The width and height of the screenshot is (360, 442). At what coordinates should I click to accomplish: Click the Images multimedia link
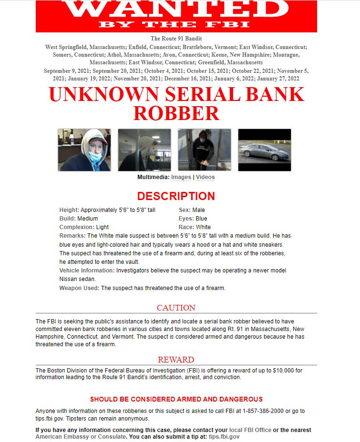(x=181, y=177)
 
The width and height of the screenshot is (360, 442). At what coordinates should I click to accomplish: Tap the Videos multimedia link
(x=205, y=177)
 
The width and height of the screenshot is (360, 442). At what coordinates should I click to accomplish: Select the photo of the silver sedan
(x=264, y=150)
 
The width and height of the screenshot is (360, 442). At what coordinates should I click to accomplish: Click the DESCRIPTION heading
(x=176, y=196)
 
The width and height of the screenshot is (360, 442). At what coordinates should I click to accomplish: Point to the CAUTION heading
(x=176, y=308)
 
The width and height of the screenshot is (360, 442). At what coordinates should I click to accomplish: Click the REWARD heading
(x=176, y=360)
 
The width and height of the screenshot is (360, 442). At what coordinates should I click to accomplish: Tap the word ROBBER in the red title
(x=176, y=113)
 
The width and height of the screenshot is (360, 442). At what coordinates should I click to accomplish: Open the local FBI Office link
(x=250, y=430)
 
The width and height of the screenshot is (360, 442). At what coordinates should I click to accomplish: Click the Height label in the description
(x=69, y=210)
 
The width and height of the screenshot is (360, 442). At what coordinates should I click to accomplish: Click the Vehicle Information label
(x=87, y=271)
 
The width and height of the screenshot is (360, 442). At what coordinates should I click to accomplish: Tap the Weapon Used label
(x=79, y=288)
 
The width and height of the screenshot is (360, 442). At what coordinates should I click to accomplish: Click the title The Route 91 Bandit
(x=176, y=39)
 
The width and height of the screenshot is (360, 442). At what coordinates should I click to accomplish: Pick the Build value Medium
(x=88, y=219)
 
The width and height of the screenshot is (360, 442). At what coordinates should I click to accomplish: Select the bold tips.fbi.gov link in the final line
(x=224, y=437)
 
